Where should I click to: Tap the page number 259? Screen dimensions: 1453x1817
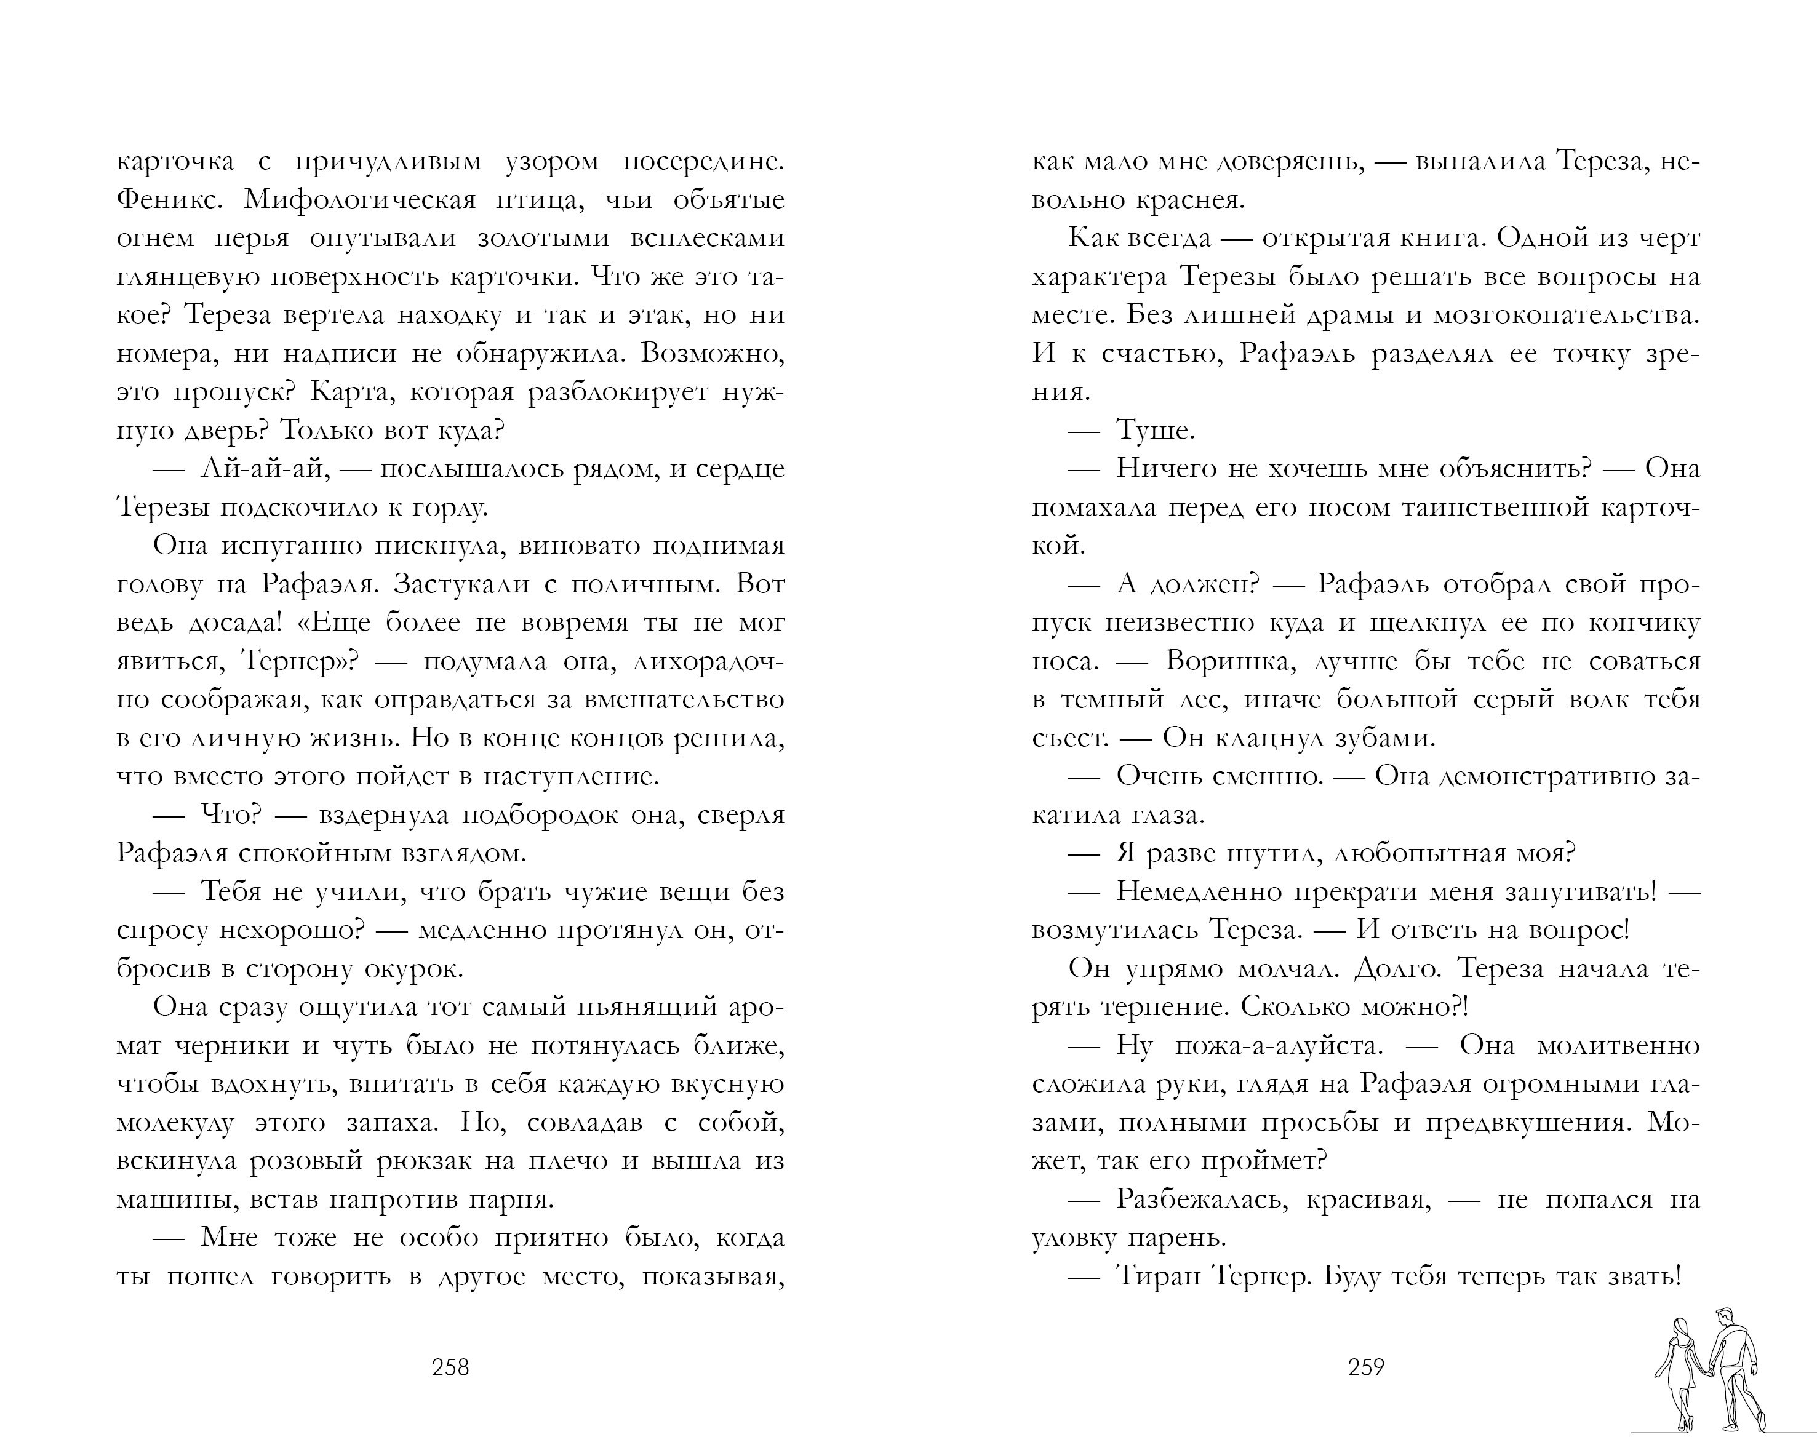point(1366,1366)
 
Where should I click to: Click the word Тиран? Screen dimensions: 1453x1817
point(1158,1276)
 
